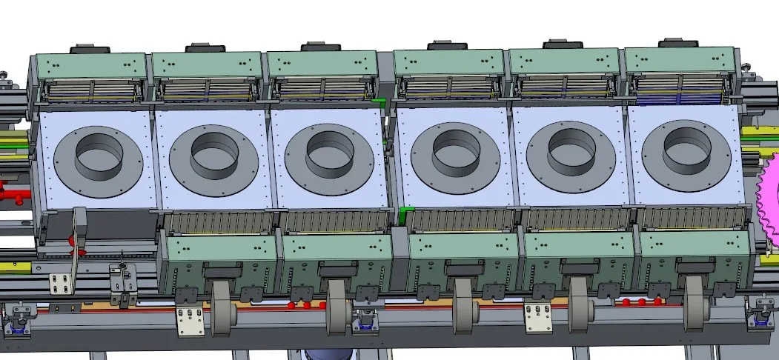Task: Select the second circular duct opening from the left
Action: [x=214, y=154]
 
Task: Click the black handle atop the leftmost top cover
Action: [x=90, y=50]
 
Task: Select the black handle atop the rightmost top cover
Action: [x=680, y=43]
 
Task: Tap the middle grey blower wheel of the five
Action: [x=463, y=304]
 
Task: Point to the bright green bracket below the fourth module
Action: [x=405, y=216]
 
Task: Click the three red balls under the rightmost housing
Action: [x=641, y=301]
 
